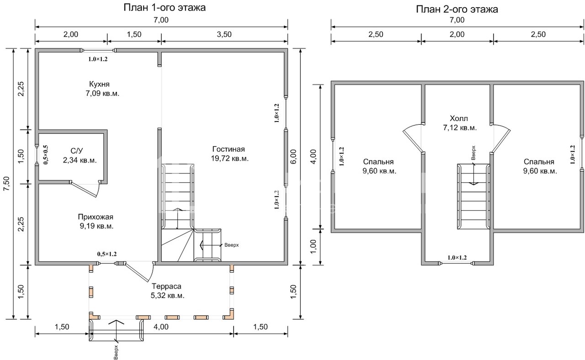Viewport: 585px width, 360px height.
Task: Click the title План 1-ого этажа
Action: (x=165, y=8)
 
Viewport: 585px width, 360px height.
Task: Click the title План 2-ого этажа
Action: (x=457, y=9)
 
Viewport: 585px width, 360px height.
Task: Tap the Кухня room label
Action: (x=99, y=84)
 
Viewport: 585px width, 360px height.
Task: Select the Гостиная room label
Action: (x=229, y=149)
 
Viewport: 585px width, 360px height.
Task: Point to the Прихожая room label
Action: (x=96, y=217)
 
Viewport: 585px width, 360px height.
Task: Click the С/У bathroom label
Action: (x=76, y=151)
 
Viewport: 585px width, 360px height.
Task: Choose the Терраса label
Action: (x=167, y=286)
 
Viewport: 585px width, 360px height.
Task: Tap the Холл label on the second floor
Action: (x=459, y=118)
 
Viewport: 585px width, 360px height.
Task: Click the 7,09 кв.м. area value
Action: (x=102, y=94)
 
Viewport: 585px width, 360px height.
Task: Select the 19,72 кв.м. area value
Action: (x=230, y=159)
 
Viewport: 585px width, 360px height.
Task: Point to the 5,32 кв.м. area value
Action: (x=167, y=296)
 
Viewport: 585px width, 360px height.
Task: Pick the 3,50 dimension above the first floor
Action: (x=224, y=34)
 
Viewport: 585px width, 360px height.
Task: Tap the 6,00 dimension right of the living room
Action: (x=293, y=157)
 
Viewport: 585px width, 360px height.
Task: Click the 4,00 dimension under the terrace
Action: (x=161, y=327)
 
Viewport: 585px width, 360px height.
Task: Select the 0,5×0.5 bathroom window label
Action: (x=46, y=155)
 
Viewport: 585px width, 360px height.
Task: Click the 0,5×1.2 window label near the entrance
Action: (x=107, y=254)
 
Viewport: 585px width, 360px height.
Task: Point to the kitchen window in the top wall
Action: (x=98, y=50)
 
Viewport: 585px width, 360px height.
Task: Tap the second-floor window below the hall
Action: (x=457, y=264)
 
